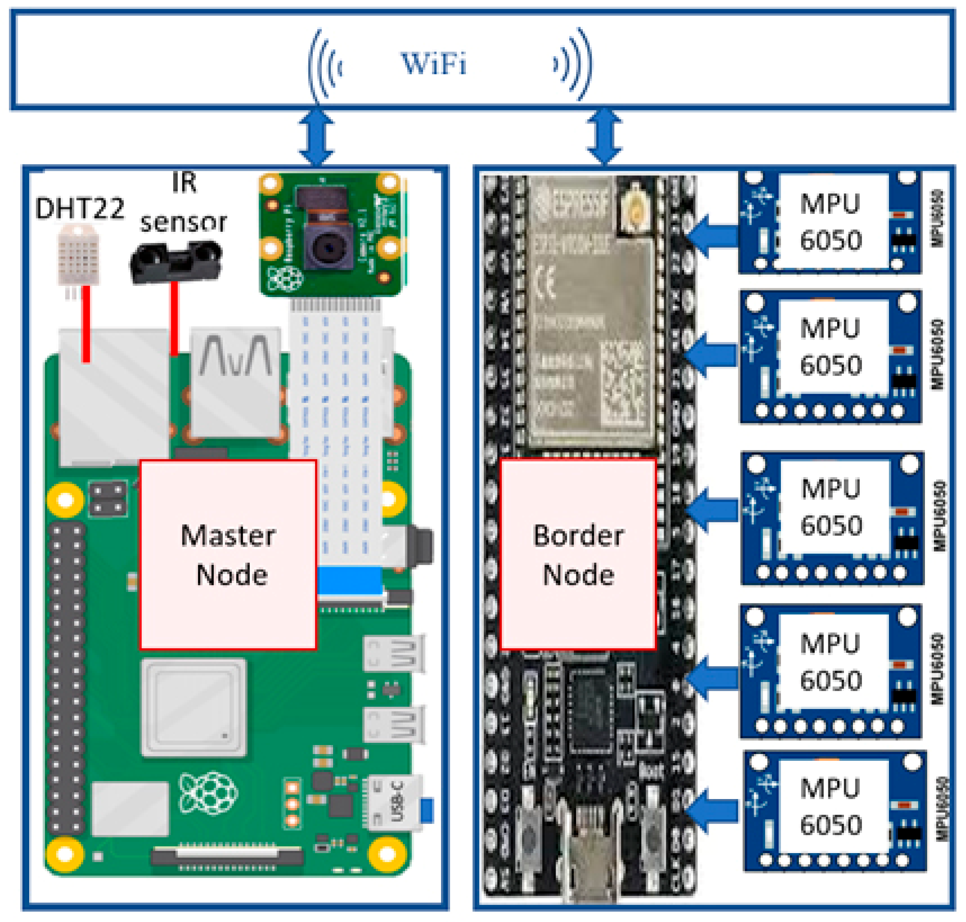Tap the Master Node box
[227, 554]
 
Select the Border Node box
[578, 554]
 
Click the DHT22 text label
[80, 208]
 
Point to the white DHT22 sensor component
[79, 256]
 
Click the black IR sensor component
[175, 262]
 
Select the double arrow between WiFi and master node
[317, 137]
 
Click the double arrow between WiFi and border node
[604, 137]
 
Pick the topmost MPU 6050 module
[831, 222]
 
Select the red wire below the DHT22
[86, 324]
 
